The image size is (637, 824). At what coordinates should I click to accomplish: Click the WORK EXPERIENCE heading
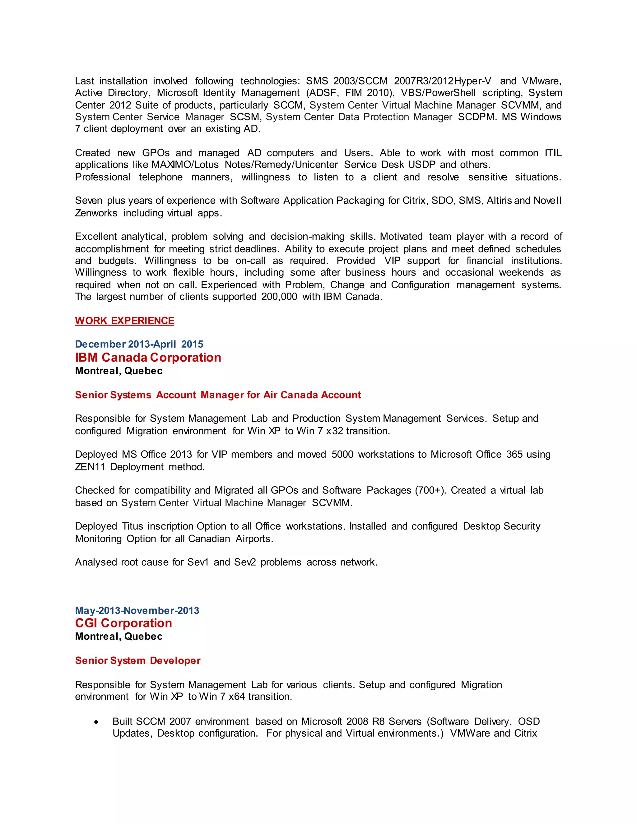(x=124, y=321)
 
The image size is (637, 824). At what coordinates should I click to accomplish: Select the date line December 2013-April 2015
(x=139, y=344)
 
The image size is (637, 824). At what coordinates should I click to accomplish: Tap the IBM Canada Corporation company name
(x=148, y=357)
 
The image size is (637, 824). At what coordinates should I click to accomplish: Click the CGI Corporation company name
(x=123, y=623)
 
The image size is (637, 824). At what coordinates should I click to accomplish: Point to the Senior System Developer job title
(x=138, y=660)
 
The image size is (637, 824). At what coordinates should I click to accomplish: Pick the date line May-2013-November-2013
(x=137, y=610)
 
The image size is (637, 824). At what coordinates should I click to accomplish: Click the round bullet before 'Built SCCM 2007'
(x=97, y=722)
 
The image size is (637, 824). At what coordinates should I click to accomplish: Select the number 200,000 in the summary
(x=279, y=297)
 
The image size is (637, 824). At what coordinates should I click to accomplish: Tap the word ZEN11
(x=90, y=467)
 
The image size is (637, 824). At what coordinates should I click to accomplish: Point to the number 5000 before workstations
(x=342, y=454)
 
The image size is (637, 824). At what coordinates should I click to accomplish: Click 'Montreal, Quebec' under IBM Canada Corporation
(x=119, y=371)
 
